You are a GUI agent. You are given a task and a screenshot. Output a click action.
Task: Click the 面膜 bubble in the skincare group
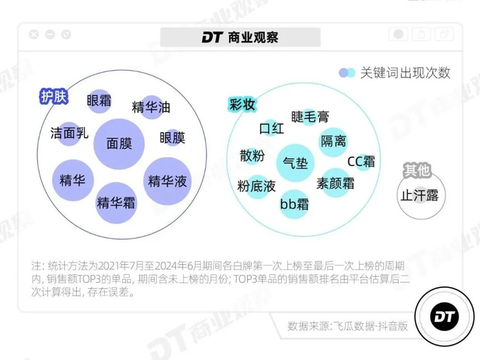119,143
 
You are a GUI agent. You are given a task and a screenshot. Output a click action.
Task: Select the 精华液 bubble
167,181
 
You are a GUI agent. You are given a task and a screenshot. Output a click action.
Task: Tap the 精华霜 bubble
117,202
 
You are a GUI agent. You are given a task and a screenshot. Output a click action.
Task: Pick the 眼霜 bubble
99,101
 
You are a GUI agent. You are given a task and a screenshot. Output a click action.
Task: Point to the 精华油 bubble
151,107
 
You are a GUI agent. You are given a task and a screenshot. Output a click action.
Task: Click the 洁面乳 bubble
70,133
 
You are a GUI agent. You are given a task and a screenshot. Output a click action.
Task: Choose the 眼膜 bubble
172,138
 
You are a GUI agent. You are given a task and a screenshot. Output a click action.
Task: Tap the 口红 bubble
272,128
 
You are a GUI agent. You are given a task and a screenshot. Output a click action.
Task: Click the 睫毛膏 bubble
310,117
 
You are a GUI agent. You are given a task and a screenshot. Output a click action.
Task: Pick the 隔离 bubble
334,141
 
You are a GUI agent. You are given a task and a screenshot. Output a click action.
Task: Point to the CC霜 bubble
361,162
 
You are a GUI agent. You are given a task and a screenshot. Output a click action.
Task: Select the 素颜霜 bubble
335,183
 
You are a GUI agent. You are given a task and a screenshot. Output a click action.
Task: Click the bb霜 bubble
295,204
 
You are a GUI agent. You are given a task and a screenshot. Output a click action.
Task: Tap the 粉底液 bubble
257,185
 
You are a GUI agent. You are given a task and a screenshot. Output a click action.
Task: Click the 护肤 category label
53,97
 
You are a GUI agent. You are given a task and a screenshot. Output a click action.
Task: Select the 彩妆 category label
242,105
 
